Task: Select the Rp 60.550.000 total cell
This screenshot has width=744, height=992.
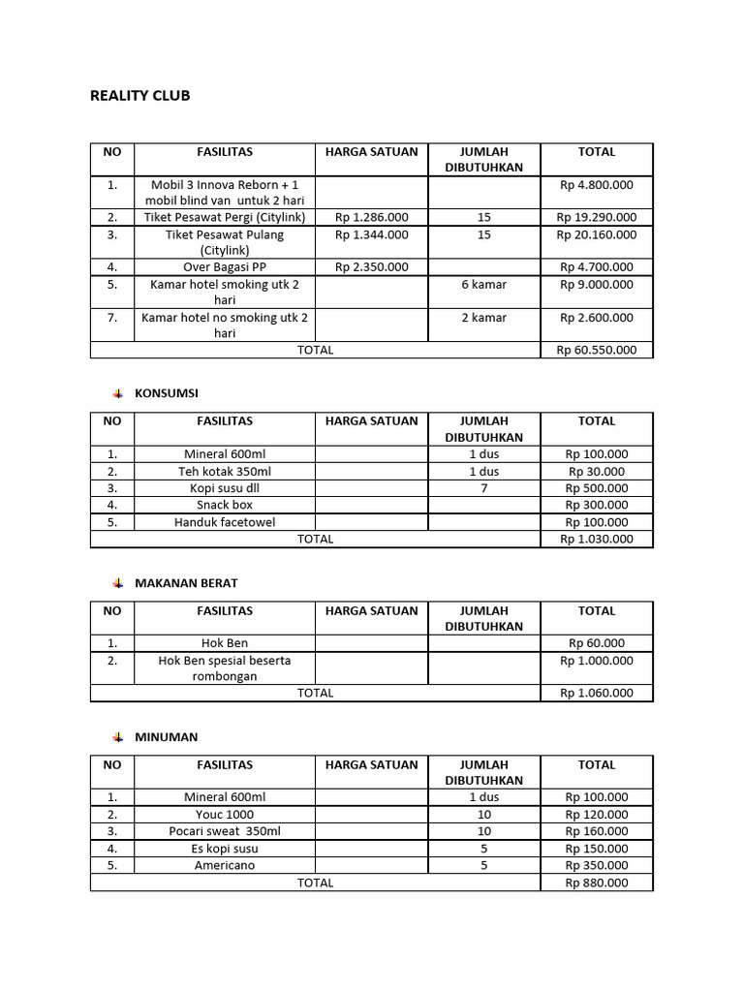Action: (x=596, y=350)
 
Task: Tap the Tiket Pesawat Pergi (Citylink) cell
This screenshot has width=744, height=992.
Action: (x=225, y=217)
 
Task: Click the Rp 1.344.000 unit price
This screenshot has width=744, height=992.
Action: (x=372, y=234)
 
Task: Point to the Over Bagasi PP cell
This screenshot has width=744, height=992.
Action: (x=225, y=266)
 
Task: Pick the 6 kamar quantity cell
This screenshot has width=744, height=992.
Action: (x=484, y=285)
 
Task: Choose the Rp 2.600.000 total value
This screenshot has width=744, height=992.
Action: (x=596, y=318)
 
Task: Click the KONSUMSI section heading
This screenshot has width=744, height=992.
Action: (x=166, y=393)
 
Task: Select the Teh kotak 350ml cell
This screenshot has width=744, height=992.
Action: (x=225, y=472)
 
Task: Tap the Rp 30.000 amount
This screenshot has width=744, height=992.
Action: (x=596, y=472)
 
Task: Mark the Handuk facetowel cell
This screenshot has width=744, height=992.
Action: (x=225, y=522)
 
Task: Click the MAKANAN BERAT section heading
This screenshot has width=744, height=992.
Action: (x=185, y=583)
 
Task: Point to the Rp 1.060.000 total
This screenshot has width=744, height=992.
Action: (x=596, y=693)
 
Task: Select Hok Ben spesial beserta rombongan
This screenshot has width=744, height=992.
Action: (x=225, y=668)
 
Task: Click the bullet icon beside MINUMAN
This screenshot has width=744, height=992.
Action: (x=117, y=737)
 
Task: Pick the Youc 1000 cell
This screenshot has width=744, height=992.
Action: (x=225, y=815)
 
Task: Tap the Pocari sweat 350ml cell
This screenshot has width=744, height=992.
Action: (x=225, y=831)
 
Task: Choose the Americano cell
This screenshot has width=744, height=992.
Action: (x=225, y=865)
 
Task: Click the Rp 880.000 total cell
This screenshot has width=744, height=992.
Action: (x=596, y=883)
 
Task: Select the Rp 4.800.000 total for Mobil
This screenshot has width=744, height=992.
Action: (x=596, y=184)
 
